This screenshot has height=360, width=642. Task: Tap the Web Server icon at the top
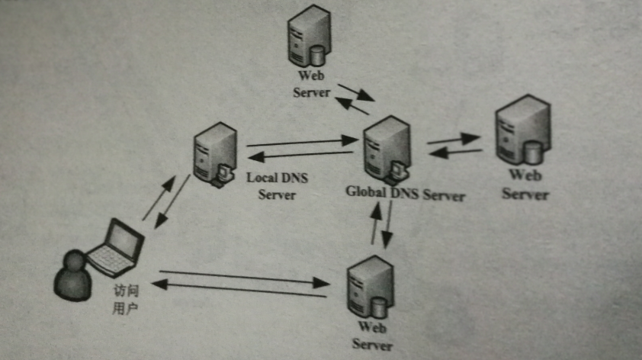pyautogui.click(x=308, y=37)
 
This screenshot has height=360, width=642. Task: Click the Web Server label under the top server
pyautogui.click(x=311, y=85)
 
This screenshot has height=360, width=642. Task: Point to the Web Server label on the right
pyautogui.click(x=525, y=185)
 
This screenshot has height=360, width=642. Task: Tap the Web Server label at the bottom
pyautogui.click(x=372, y=337)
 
